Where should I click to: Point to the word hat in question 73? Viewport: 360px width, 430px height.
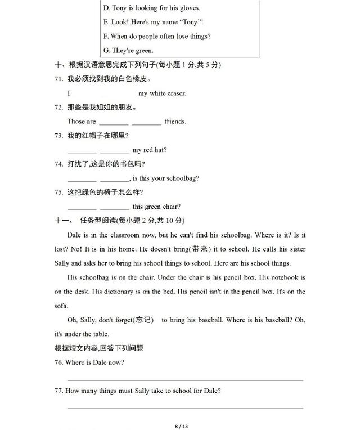tap(161, 150)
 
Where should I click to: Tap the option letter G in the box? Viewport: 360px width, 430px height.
tap(106, 51)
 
